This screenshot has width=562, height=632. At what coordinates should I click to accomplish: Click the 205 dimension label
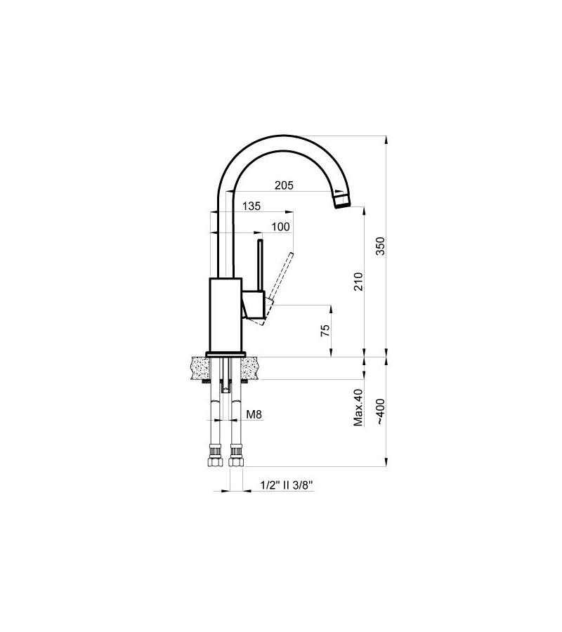285,185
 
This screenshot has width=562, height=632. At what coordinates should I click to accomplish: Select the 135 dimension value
251,206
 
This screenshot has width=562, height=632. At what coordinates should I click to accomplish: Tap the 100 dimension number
280,226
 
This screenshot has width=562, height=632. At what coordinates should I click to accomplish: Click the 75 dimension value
325,331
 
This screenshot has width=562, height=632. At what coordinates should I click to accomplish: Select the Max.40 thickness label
358,407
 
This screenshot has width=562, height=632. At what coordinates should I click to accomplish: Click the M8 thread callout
254,414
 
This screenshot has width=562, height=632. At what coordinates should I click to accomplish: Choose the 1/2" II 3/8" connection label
285,485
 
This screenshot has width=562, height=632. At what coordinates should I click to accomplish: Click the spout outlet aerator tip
341,202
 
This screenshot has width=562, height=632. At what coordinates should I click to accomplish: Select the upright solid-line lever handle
260,267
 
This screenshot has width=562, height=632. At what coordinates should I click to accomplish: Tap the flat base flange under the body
225,353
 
